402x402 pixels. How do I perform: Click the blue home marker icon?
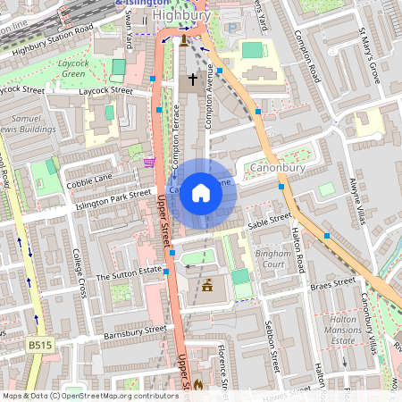point(201,193)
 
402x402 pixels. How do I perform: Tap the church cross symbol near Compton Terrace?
point(192,80)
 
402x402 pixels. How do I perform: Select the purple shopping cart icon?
point(148,162)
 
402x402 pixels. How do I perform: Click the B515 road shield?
point(39,343)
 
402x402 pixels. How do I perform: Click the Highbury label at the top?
point(181,15)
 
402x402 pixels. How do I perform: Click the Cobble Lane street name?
point(89,180)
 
